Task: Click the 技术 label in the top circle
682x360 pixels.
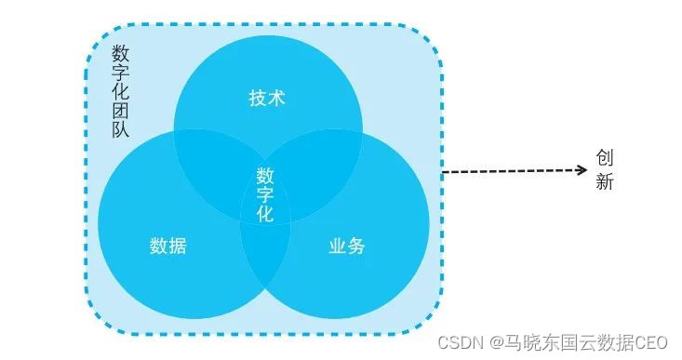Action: tap(267, 99)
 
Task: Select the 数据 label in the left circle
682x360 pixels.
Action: tap(167, 247)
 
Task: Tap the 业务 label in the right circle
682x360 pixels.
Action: tap(347, 247)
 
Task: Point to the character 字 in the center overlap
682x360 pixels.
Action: tap(265, 194)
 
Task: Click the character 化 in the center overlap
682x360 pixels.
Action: tap(265, 213)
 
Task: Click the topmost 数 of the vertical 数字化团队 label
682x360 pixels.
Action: tap(120, 52)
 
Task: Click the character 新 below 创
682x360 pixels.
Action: tap(605, 182)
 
